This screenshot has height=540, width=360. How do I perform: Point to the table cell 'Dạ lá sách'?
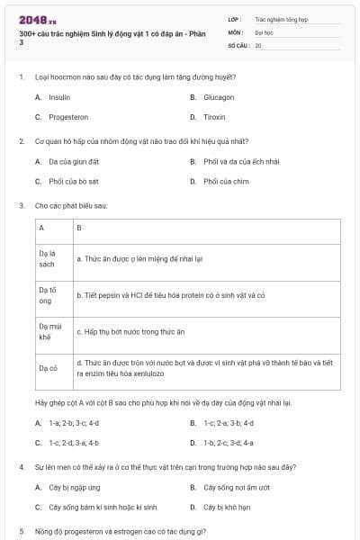(x=48, y=259)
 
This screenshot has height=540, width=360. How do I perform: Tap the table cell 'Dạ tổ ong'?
(x=48, y=295)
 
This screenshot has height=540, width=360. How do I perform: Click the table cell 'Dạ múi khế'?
(x=48, y=331)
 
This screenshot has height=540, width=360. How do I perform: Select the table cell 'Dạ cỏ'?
(x=48, y=367)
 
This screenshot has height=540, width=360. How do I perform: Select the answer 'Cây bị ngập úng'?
(x=73, y=487)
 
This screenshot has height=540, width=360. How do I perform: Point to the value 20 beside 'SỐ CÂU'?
(x=258, y=44)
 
